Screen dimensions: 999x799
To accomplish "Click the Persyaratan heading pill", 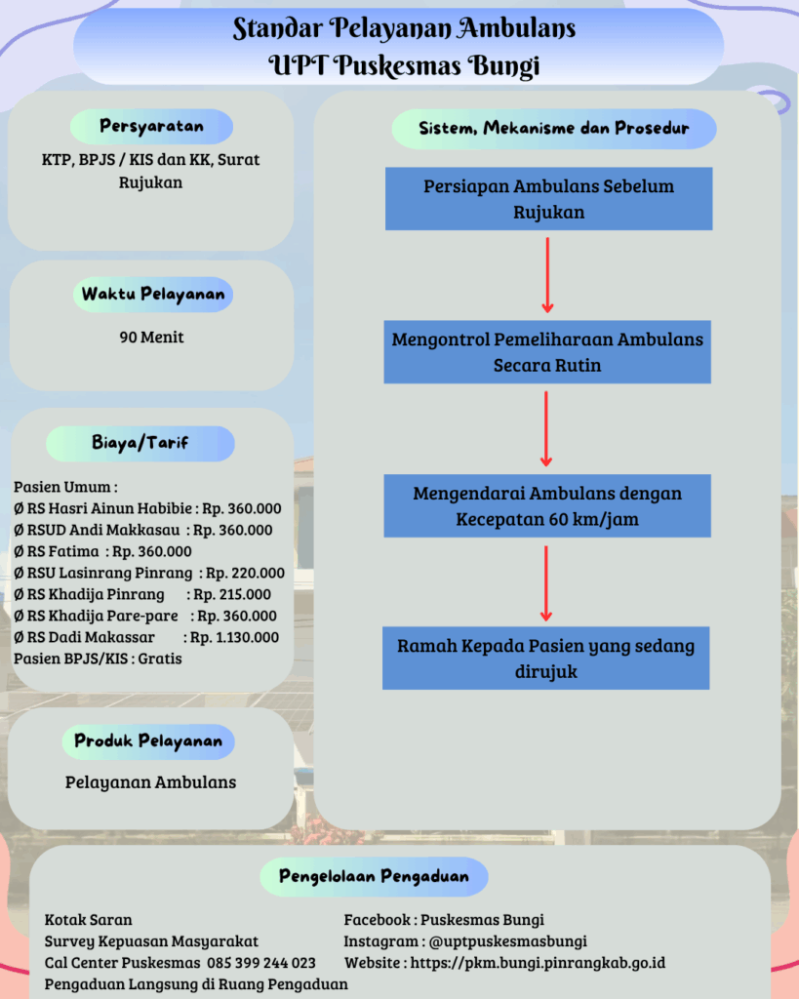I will pyautogui.click(x=151, y=127).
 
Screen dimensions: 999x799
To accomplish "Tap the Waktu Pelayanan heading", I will pyautogui.click(x=152, y=294).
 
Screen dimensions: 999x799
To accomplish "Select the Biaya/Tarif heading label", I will pyautogui.click(x=140, y=443).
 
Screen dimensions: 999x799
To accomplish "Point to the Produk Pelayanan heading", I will pyautogui.click(x=148, y=741).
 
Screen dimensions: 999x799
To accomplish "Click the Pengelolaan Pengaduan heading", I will pyautogui.click(x=374, y=876).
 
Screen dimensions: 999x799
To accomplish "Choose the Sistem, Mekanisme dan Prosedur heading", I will pyautogui.click(x=553, y=129).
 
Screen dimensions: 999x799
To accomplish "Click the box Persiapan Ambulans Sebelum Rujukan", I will pyautogui.click(x=548, y=198).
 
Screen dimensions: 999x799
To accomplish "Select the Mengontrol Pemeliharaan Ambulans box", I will pyautogui.click(x=547, y=352).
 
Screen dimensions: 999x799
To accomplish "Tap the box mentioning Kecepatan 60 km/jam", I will pyautogui.click(x=546, y=505).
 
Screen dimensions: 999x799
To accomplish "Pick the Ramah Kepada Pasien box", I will pyautogui.click(x=545, y=659).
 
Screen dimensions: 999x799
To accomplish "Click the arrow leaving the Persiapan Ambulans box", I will pyautogui.click(x=547, y=274).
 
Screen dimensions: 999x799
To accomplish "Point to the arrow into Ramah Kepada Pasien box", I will pyautogui.click(x=546, y=583).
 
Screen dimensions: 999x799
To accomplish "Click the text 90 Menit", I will pyautogui.click(x=151, y=338).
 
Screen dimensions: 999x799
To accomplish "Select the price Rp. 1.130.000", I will pyautogui.click(x=234, y=637).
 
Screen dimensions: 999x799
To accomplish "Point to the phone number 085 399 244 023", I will pyautogui.click(x=260, y=963).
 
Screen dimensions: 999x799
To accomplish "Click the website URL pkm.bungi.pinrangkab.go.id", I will pyautogui.click(x=538, y=963).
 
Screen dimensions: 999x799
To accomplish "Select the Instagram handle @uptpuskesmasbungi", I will pyautogui.click(x=507, y=941).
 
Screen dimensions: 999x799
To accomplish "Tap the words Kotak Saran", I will pyautogui.click(x=89, y=920).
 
